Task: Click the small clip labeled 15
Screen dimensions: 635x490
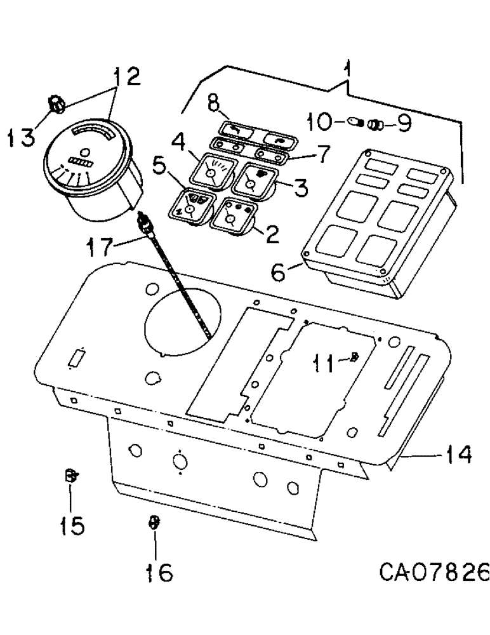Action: click(x=71, y=475)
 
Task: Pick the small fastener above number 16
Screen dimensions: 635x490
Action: click(x=152, y=522)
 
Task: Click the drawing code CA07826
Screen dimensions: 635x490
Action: click(x=434, y=574)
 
